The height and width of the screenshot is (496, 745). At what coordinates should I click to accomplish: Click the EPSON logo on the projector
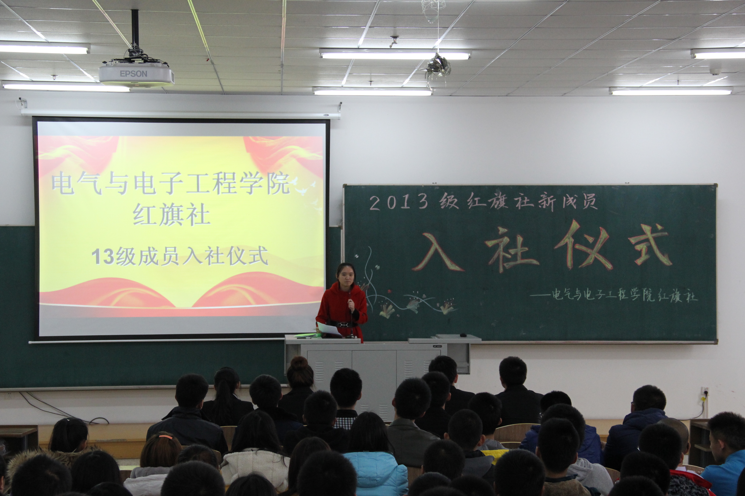[x=133, y=74]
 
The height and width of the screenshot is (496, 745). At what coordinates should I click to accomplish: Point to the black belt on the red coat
[x=344, y=324]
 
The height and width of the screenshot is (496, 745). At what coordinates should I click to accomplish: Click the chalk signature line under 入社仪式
[x=613, y=296]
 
